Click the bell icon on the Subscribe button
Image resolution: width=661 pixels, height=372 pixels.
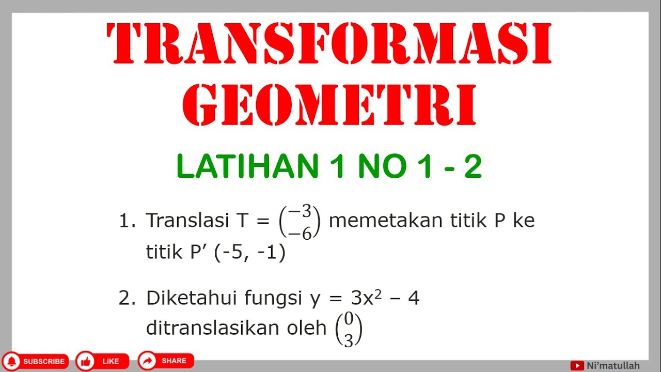tap(13, 361)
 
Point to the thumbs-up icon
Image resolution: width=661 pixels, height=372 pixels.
tap(86, 361)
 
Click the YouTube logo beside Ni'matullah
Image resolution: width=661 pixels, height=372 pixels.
tap(577, 366)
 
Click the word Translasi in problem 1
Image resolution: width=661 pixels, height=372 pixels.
tap(187, 221)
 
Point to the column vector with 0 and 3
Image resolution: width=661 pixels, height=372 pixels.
tap(349, 331)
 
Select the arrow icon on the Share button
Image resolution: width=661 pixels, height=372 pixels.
tap(148, 361)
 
